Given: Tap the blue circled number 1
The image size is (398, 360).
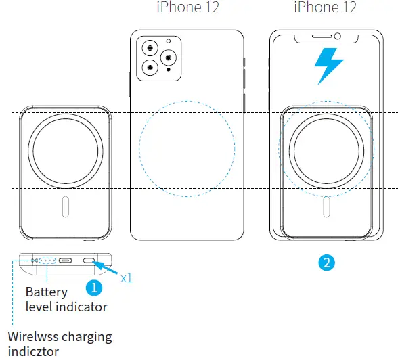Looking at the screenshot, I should (95, 287).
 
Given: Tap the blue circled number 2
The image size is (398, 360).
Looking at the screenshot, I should (328, 263).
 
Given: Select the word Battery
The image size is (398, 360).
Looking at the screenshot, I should (46, 292).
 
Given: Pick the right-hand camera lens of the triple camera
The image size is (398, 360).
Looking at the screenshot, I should (166, 58).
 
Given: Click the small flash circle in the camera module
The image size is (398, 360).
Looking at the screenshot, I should (167, 43).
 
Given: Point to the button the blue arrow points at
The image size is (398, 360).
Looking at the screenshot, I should (89, 261).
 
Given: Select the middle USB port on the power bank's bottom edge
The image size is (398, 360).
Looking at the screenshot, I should (66, 261).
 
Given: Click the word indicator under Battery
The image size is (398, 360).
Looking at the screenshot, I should (81, 307).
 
